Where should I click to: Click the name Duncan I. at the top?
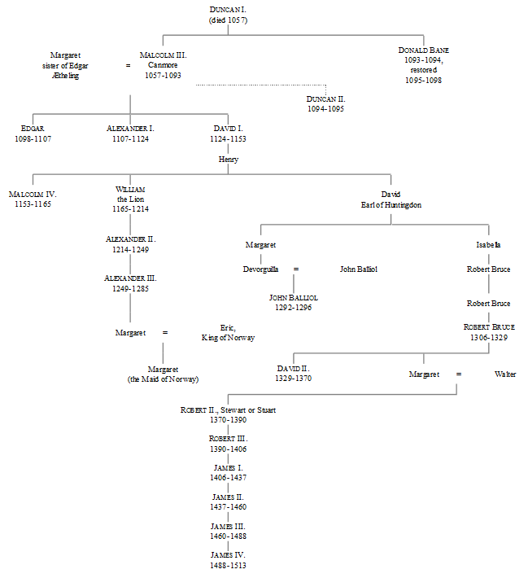pos(228,8)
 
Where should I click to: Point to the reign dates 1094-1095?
pos(325,108)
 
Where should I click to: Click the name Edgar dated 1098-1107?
pos(33,129)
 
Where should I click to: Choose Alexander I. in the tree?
pos(130,129)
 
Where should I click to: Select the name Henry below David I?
pos(228,160)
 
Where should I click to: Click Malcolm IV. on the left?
pos(33,195)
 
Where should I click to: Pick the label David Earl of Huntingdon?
pos(391,199)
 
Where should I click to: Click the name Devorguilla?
pos(260,269)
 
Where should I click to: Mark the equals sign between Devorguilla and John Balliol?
pos(296,269)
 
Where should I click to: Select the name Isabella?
pos(488,244)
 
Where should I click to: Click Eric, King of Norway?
pos(228,332)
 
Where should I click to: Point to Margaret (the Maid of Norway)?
pos(163,374)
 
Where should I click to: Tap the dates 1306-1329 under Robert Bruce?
pos(488,337)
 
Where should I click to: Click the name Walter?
pos(505,374)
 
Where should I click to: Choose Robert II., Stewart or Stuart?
pos(228,409)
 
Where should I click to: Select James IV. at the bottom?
pos(228,554)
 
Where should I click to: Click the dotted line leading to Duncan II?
pos(260,85)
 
